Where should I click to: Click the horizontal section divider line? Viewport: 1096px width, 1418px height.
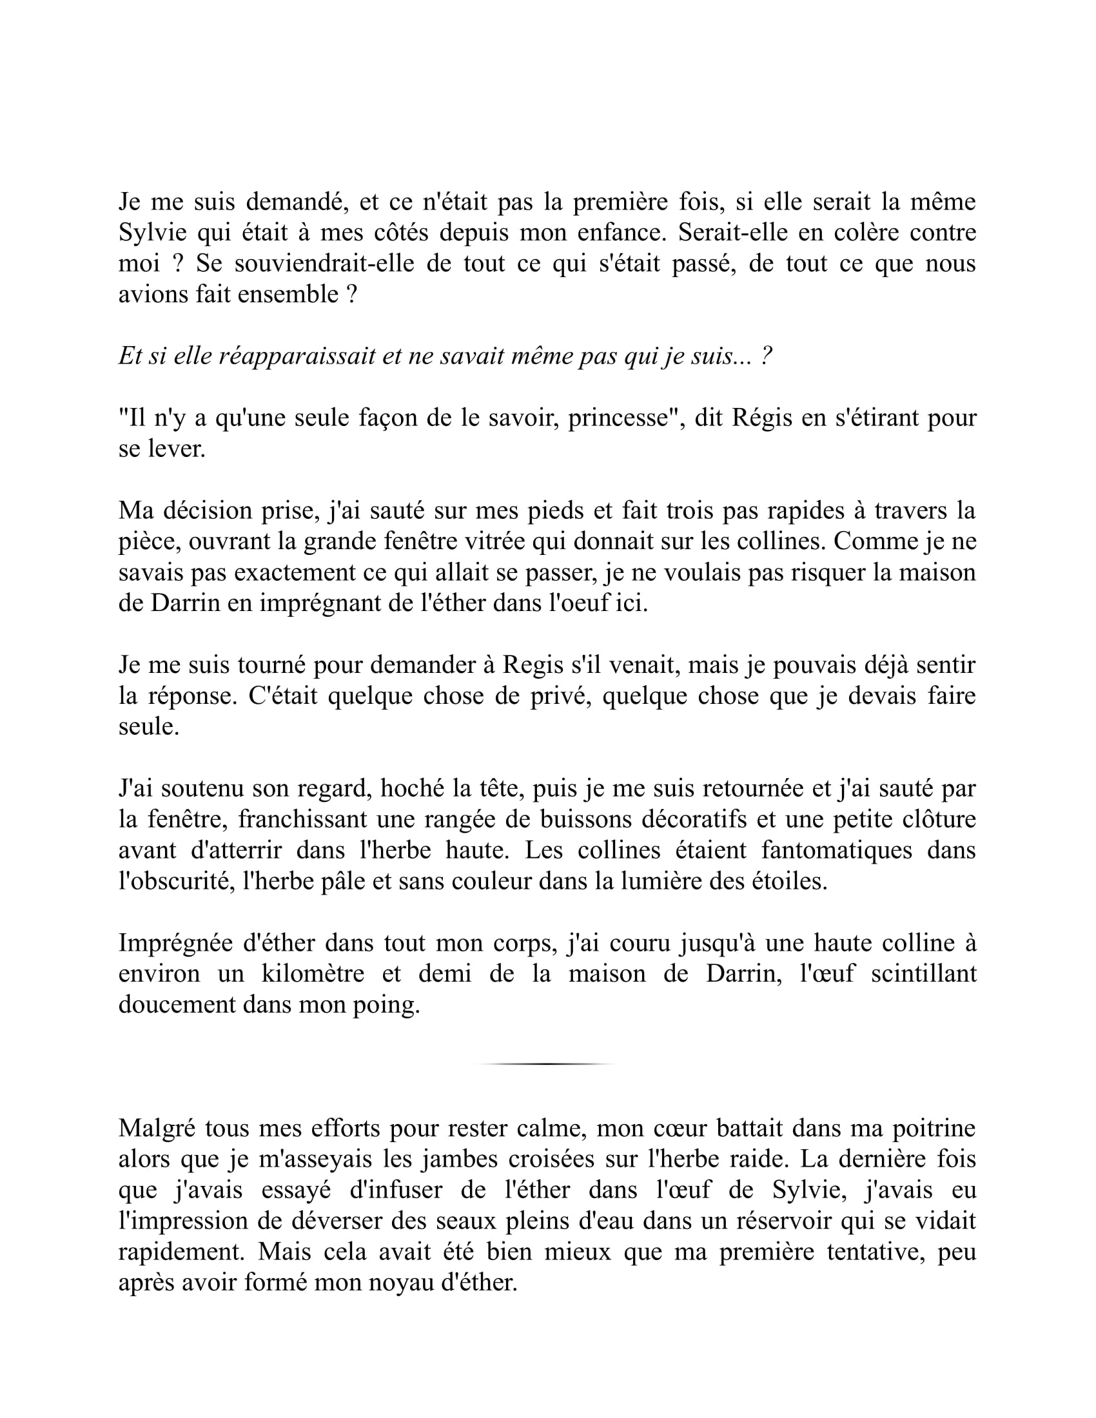pos(545,1064)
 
